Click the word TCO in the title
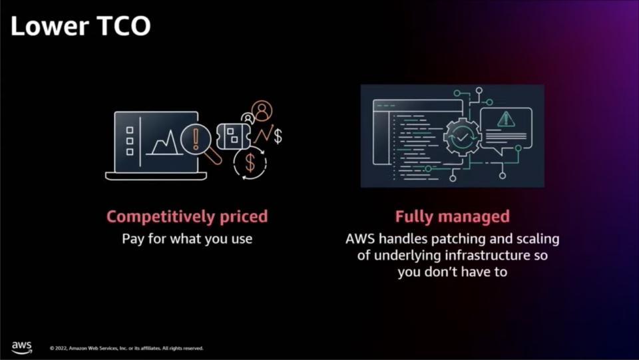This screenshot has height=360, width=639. coord(124,26)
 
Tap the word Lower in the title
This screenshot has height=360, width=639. coord(50,26)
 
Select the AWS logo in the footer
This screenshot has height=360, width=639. coord(21,347)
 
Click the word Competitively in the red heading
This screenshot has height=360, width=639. coord(161,217)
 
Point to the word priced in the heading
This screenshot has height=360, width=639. coord(244,217)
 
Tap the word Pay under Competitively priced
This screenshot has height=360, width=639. coord(133,239)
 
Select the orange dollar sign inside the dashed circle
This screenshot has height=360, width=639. coord(250,163)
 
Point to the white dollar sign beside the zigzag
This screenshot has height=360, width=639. coord(278,136)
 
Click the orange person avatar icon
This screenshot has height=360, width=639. coord(262,110)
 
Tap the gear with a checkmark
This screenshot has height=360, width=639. coord(462,137)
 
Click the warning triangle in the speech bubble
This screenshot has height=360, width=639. coord(506,119)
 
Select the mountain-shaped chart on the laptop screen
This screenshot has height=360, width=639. coord(165,143)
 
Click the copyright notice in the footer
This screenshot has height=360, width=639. coord(126,348)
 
